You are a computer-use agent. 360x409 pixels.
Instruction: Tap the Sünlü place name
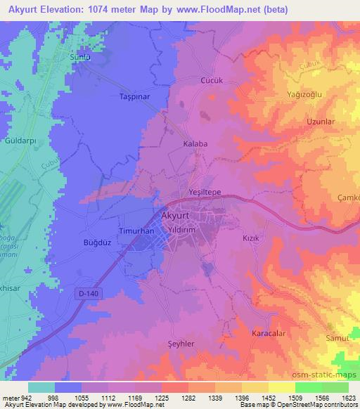pyautogui.click(x=80, y=57)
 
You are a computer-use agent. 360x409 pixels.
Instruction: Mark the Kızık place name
pyautogui.click(x=252, y=238)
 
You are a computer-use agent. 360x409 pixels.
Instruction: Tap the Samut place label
pyautogui.click(x=344, y=339)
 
